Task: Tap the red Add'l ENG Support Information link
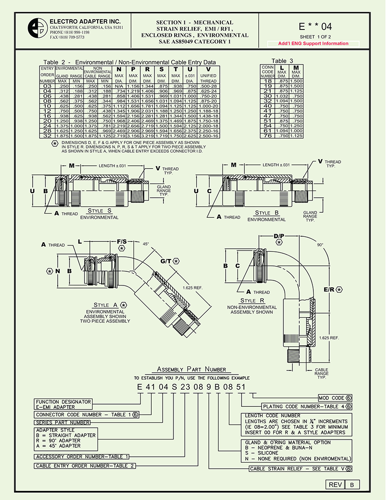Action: pos(314,44)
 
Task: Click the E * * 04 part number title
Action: pos(316,26)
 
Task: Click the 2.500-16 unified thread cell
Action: pos(208,136)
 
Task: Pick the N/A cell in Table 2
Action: pos(119,86)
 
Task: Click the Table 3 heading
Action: pos(282,61)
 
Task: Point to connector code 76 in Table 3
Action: pos(267,136)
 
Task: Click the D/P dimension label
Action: pos(279,236)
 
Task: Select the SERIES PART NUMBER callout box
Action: pos(63,422)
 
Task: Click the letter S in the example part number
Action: pos(173,387)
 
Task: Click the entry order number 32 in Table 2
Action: pos(47,136)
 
